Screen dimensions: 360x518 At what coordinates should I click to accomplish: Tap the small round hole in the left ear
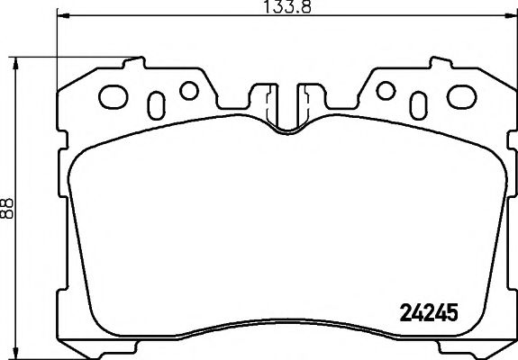(x=188, y=90)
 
